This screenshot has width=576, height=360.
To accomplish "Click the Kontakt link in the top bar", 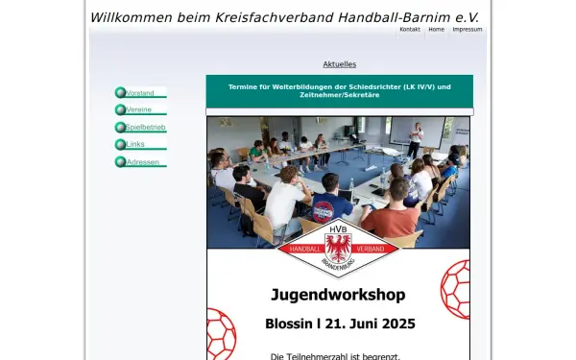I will coord(410,30).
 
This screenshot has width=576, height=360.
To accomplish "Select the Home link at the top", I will coord(437,30).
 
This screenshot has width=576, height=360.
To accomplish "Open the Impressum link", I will coord(468,30).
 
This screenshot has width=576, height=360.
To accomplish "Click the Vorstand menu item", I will coord(140,93).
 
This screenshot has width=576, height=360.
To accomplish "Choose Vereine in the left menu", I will coord(139,110).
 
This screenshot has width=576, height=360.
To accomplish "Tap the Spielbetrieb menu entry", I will coord(146,128).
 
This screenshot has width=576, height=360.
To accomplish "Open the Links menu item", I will coord(135,145).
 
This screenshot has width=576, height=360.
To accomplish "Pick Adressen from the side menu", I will coord(142,162).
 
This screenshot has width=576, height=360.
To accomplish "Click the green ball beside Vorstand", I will coord(120,93).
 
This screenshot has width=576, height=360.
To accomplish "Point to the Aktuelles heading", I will coord(340,64).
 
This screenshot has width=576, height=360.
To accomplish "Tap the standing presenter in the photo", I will coord(415,140).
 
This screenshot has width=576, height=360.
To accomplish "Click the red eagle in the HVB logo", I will coord(339,245).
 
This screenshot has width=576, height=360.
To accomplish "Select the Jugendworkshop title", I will coord(338,294).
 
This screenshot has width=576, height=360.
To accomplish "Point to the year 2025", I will coord(396,324).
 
